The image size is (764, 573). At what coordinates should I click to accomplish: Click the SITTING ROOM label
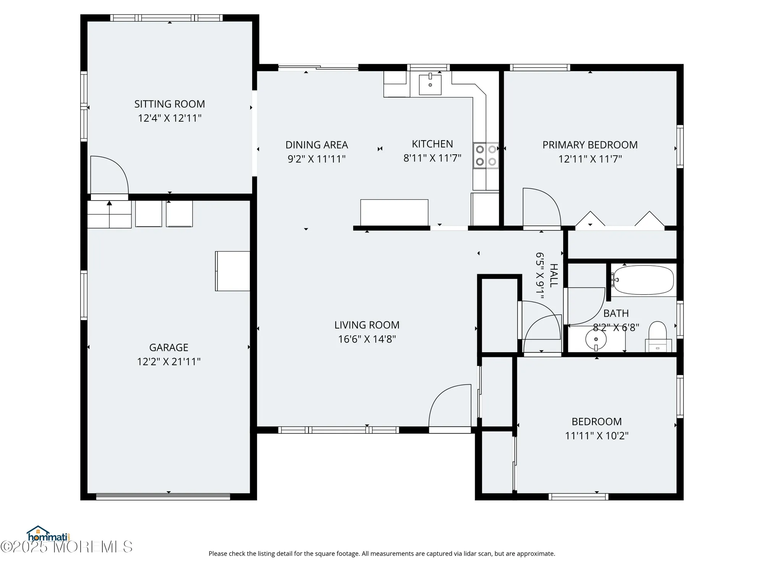pyautogui.click(x=170, y=104)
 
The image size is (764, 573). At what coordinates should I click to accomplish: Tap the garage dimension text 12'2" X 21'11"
pyautogui.click(x=169, y=361)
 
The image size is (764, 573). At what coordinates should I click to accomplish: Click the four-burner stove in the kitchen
pyautogui.click(x=486, y=155)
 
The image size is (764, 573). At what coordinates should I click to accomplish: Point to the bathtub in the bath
pyautogui.click(x=643, y=280)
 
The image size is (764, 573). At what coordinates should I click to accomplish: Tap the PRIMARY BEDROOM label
pyautogui.click(x=590, y=145)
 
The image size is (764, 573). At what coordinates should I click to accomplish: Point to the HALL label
pyautogui.click(x=554, y=275)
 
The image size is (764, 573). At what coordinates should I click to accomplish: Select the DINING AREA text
pyautogui.click(x=317, y=145)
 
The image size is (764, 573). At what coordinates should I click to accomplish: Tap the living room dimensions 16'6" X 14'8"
pyautogui.click(x=367, y=339)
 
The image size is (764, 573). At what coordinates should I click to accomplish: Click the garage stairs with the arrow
pyautogui.click(x=109, y=214)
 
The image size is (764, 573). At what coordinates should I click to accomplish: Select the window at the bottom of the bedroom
pyautogui.click(x=578, y=497)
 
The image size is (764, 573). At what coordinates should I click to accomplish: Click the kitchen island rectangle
pyautogui.click(x=394, y=212)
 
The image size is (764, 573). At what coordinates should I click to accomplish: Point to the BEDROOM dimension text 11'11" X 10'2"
pyautogui.click(x=597, y=435)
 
